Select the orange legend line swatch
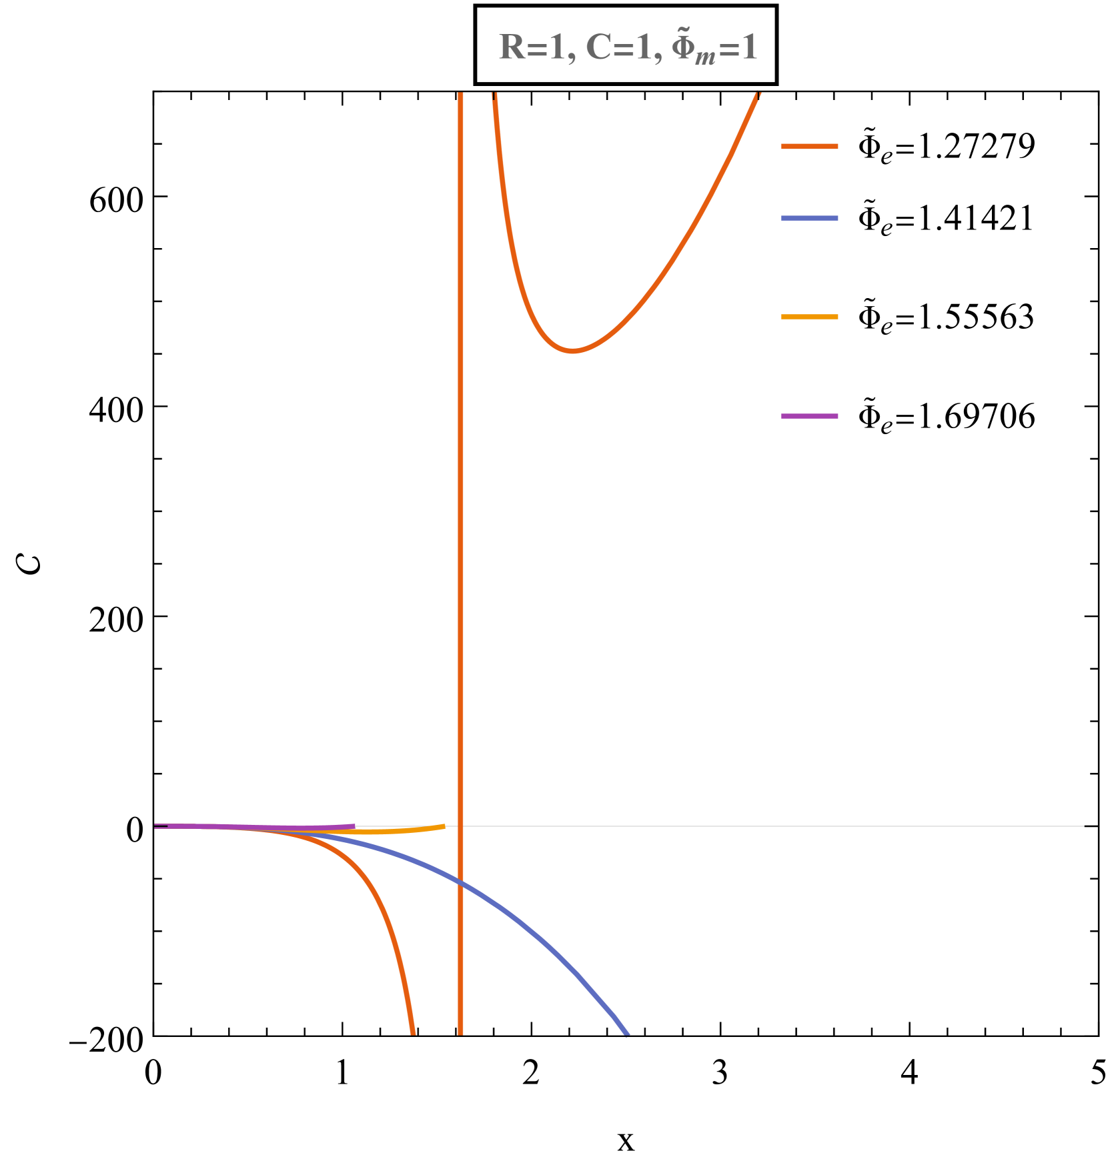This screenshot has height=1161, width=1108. (809, 146)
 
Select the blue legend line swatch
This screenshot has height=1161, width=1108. (809, 218)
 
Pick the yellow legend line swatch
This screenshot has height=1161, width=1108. (809, 317)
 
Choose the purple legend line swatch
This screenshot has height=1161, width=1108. (809, 416)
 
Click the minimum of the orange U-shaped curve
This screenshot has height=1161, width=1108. (572, 351)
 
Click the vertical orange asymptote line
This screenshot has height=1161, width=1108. (460, 533)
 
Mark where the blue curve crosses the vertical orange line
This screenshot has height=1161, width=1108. (460, 883)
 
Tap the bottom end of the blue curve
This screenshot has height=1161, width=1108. (627, 1034)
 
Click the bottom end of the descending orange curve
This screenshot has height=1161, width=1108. (414, 1034)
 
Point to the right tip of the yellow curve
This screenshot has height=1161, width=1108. (444, 826)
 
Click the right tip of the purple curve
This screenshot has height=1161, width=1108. (354, 826)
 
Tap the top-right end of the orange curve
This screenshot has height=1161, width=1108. (758, 95)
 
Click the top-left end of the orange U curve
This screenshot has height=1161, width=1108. (494, 95)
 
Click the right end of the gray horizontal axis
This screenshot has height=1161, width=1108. (1083, 826)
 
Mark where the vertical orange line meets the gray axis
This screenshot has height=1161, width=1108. (460, 826)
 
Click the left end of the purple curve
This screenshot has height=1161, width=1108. (156, 826)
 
